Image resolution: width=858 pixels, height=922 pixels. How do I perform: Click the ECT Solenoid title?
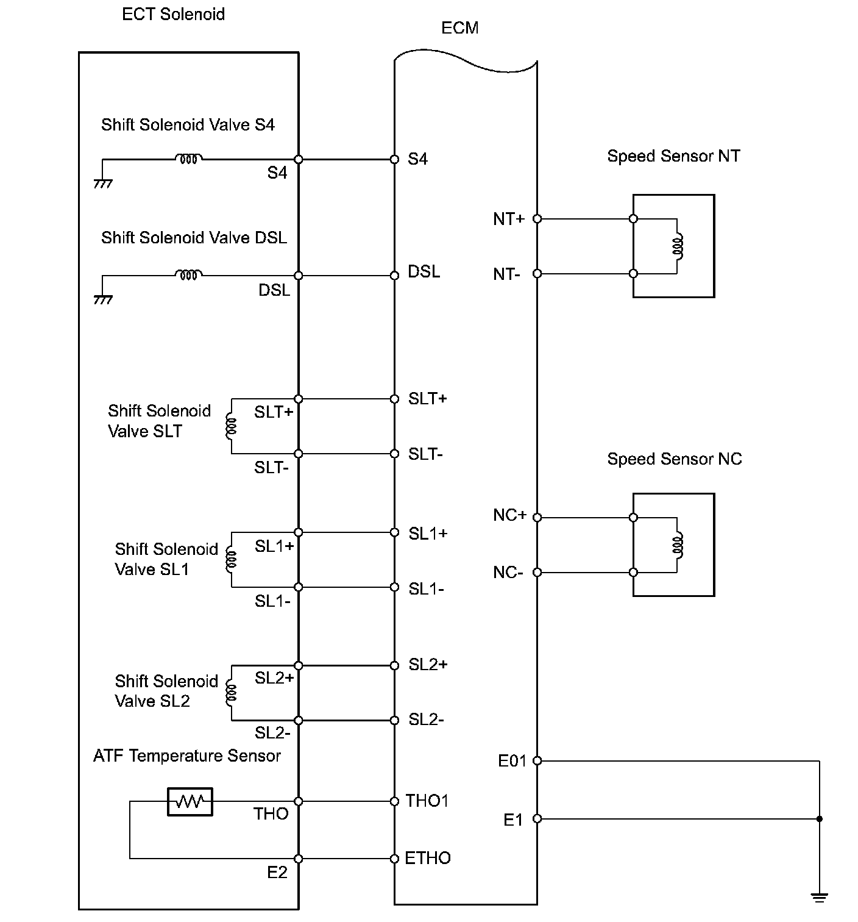pos(173,14)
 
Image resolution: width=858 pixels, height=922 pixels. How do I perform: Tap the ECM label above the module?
pos(459,28)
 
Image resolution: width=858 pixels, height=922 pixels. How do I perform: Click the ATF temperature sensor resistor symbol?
pos(190,801)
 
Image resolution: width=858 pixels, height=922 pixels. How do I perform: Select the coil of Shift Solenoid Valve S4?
pos(189,159)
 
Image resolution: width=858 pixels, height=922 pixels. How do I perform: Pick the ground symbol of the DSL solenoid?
pos(103,299)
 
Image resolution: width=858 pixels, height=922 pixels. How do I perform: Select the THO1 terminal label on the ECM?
pos(427,801)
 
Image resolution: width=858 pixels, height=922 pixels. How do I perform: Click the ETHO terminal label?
pos(428,858)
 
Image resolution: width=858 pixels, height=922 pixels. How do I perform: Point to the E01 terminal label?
pos(512,761)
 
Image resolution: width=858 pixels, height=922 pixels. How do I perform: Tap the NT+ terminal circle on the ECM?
pos(537,218)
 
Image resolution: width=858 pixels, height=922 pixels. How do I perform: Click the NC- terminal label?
pos(508,573)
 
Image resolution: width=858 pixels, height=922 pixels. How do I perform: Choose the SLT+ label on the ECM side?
pos(428,398)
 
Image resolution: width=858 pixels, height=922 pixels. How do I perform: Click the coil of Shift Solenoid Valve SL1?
pos(230,560)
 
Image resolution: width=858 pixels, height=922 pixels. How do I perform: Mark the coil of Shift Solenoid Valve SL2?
pos(230,693)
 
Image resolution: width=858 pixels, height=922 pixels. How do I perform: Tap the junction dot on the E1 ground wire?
pos(820,819)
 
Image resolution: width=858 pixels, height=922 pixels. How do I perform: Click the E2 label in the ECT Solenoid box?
pos(277,873)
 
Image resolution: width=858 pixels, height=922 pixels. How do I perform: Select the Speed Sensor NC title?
pos(675,459)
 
